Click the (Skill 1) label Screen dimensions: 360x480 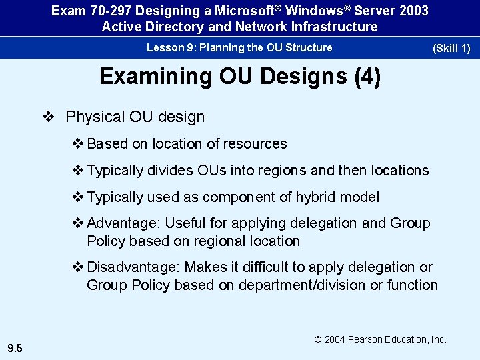click(x=451, y=48)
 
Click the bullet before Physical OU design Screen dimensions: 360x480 click(x=48, y=117)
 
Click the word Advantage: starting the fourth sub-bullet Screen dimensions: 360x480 click(x=123, y=223)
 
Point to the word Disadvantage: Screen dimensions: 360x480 click(x=134, y=267)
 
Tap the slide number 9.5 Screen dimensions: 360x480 click(x=14, y=347)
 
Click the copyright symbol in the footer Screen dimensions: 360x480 click(x=319, y=339)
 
